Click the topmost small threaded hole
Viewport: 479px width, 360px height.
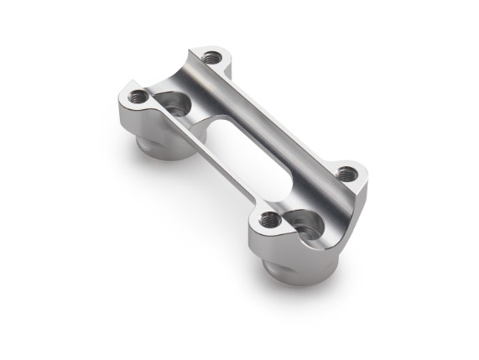[213, 57]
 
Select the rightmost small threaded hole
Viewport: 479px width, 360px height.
[346, 174]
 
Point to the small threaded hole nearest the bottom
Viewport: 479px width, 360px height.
[270, 220]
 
